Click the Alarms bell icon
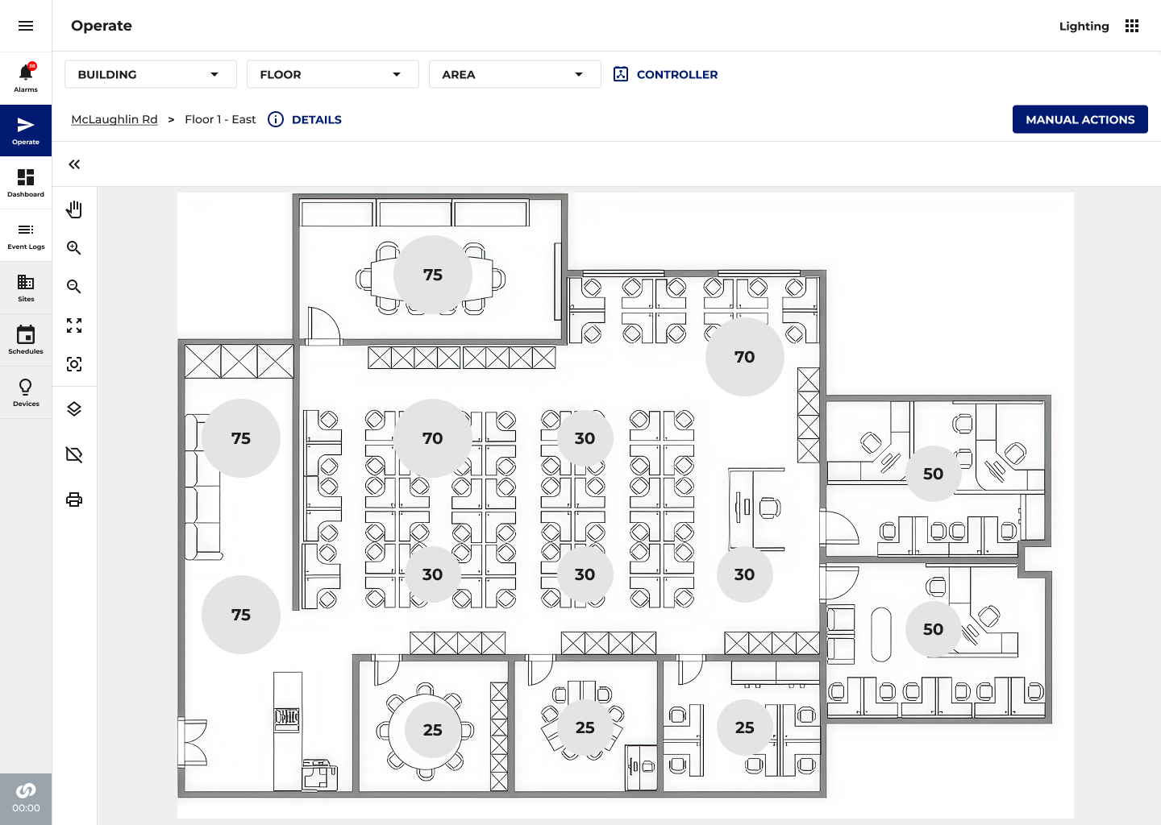(26, 72)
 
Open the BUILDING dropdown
(150, 75)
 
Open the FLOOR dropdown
(333, 75)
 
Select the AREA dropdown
(514, 75)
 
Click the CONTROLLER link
(665, 75)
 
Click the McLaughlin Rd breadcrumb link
(114, 119)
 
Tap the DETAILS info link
(305, 119)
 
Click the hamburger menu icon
(26, 26)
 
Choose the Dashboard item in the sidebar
(26, 183)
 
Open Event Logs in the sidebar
(26, 235)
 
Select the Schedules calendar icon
(26, 334)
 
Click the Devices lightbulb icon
(26, 387)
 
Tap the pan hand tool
(74, 209)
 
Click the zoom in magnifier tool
(74, 248)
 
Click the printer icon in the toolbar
(74, 500)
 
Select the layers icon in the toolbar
(74, 409)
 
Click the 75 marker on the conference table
(433, 275)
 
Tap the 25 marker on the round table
(433, 730)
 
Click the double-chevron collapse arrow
(74, 164)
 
